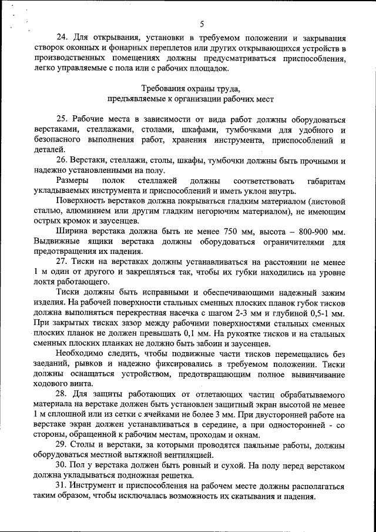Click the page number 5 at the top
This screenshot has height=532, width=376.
tap(201, 24)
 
